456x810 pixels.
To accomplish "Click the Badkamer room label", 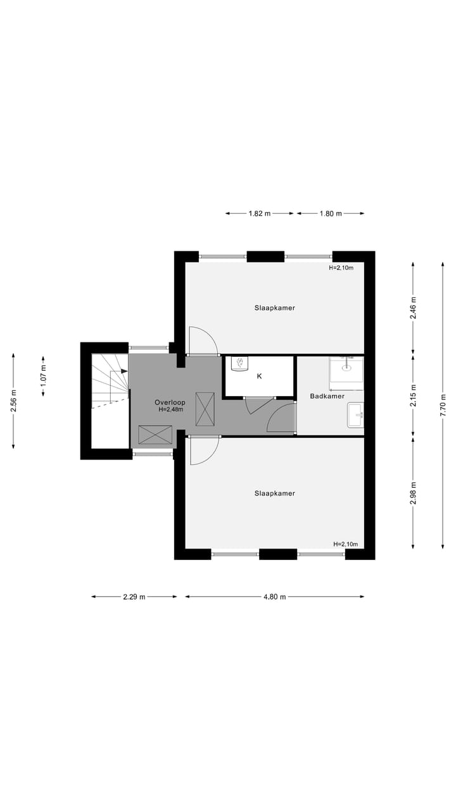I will click(327, 396).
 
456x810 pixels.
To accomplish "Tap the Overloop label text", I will click(170, 402).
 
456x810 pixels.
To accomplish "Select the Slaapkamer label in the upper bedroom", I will click(275, 308).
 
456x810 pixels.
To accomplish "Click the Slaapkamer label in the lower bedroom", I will click(275, 493).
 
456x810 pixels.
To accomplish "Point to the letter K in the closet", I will click(259, 376).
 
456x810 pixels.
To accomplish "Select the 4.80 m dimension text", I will click(274, 597).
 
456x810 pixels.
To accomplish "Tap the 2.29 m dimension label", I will click(134, 597).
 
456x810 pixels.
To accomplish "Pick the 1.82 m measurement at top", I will click(258, 214).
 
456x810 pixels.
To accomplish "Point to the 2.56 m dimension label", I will click(13, 401).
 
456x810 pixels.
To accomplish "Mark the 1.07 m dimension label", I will click(43, 376).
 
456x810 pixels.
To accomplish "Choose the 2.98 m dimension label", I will click(413, 493).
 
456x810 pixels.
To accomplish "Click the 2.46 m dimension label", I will click(413, 308).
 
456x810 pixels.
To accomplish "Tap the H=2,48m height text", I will click(170, 409).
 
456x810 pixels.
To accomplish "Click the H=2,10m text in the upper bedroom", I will click(341, 268).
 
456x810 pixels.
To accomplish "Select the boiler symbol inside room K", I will click(241, 363).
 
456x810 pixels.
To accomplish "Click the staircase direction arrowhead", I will click(125, 371).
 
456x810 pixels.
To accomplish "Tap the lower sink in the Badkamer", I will click(355, 415).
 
